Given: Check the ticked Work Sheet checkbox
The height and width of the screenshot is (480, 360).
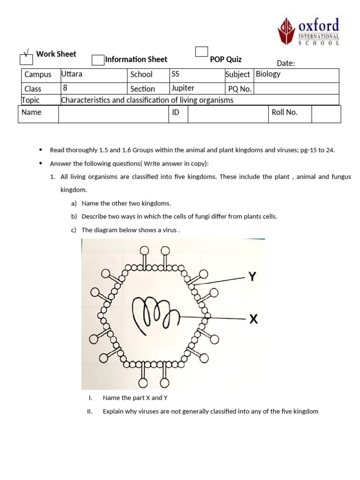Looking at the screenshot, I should (26, 59).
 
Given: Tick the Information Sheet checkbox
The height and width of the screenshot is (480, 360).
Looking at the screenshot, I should (98, 60).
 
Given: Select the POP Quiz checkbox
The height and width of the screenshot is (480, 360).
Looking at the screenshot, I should (202, 52).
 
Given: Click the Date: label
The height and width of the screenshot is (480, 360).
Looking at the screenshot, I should (285, 63).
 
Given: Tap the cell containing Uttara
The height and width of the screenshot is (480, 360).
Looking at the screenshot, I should (72, 74).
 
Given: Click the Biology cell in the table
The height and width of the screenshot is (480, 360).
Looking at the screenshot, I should (268, 74).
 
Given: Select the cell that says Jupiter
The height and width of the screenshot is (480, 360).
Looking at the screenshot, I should (183, 88).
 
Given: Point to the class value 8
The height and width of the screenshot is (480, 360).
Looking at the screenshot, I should (65, 88).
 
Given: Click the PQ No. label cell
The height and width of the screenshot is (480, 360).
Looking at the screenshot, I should (240, 89).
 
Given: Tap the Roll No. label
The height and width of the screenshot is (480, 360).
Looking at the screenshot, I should (285, 112).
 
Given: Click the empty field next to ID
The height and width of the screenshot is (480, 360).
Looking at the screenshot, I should (228, 114).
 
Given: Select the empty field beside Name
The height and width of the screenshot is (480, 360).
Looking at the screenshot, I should (113, 114).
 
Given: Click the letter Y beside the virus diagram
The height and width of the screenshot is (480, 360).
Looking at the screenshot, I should (253, 277).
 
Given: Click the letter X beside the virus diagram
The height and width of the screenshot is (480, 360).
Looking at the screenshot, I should (253, 319).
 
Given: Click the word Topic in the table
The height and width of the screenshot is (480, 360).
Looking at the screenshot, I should (31, 100).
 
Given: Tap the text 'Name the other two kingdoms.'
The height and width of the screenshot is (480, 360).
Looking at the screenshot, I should (126, 203).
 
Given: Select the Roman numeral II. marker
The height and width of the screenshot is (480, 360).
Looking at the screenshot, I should (90, 412).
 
